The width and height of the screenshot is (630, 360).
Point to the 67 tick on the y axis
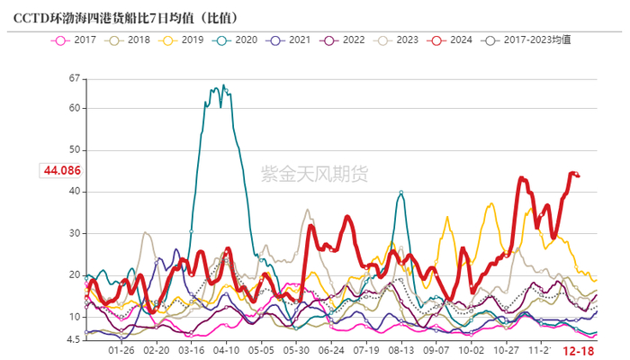pos(75,79)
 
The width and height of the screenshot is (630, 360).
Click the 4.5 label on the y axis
pos(72,339)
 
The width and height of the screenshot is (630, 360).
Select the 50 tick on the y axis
pos(75,149)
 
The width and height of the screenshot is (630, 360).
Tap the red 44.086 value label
pos(58,170)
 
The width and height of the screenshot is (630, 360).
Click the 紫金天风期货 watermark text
pos(314,174)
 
